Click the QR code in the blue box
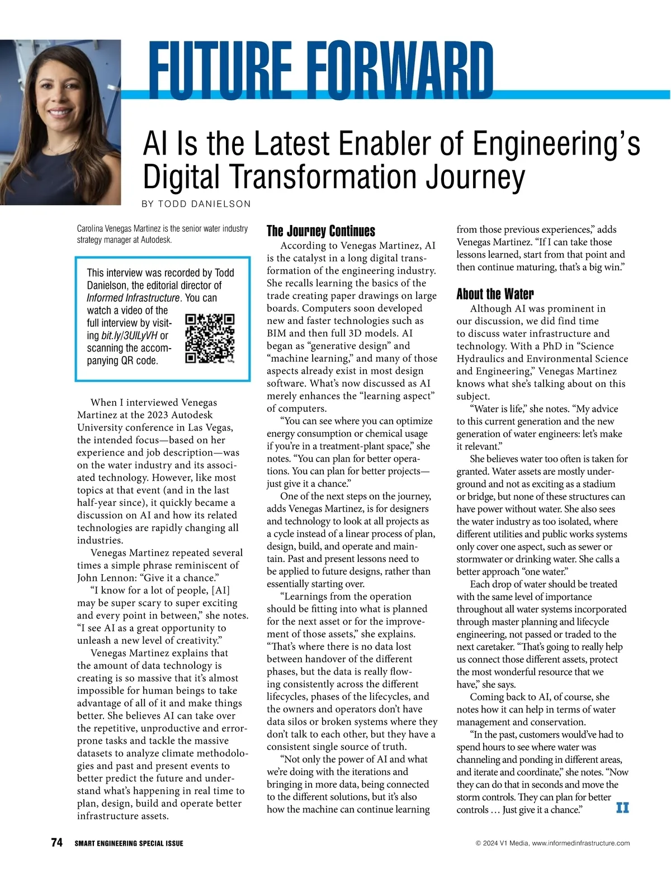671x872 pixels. (x=210, y=339)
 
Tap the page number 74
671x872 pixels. (x=56, y=842)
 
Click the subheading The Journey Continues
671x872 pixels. (x=320, y=231)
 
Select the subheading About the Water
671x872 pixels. (x=495, y=294)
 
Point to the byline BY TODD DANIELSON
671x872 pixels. (x=196, y=204)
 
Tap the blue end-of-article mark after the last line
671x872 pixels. (x=622, y=808)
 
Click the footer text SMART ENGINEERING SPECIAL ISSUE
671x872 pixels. (x=129, y=843)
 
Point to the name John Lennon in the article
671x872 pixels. (x=105, y=578)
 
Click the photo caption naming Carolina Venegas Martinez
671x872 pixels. (x=162, y=234)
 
